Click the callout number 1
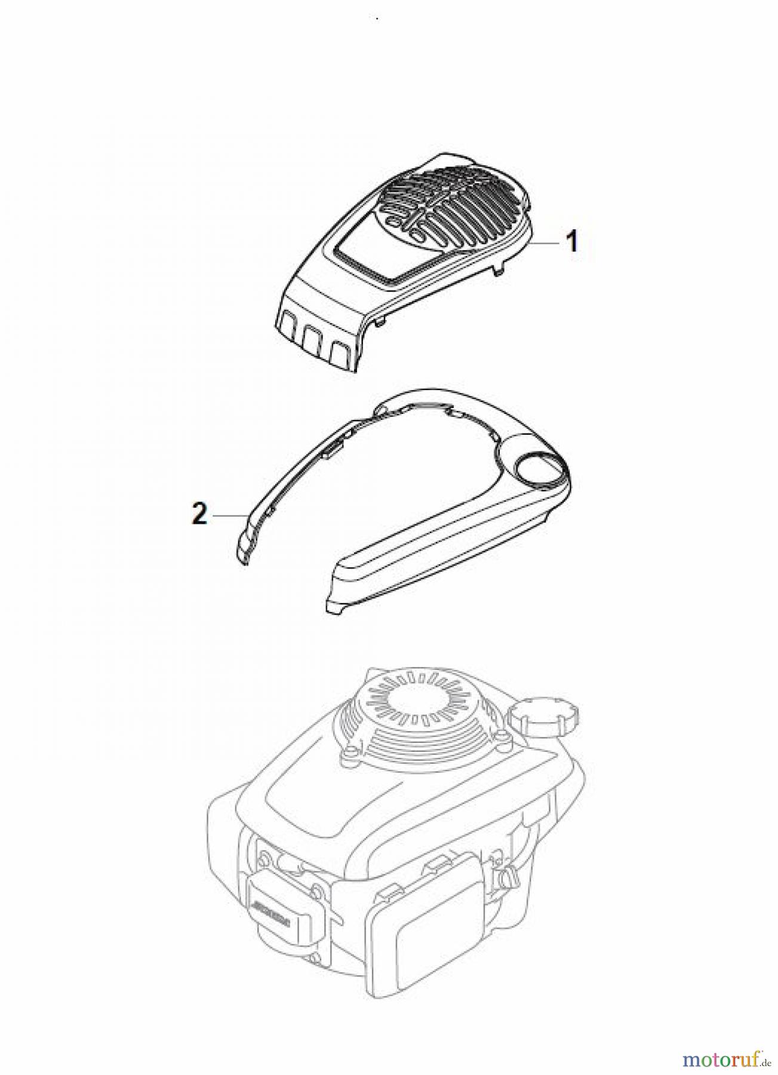(571, 242)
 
